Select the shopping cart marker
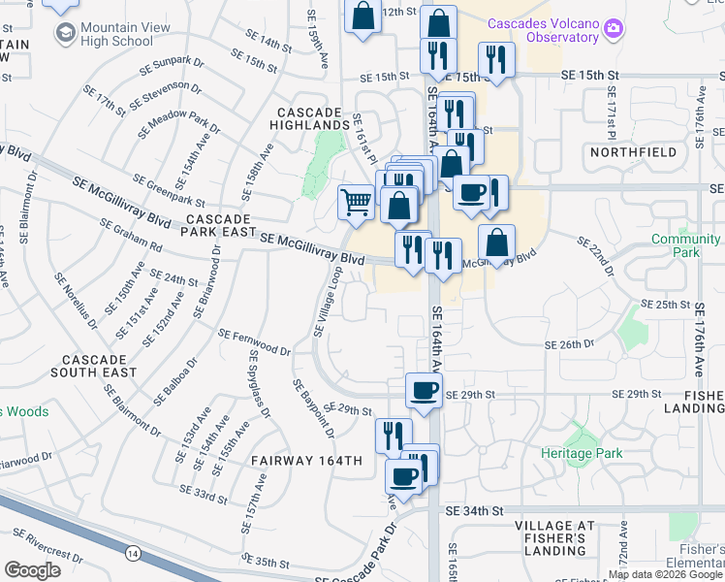pyautogui.click(x=356, y=202)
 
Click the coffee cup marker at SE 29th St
pyautogui.click(x=423, y=389)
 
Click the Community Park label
pyautogui.click(x=686, y=245)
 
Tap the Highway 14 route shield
pyautogui.click(x=131, y=553)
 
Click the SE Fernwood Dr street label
pyautogui.click(x=254, y=341)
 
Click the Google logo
pyautogui.click(x=33, y=569)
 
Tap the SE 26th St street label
pyautogui.click(x=568, y=345)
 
